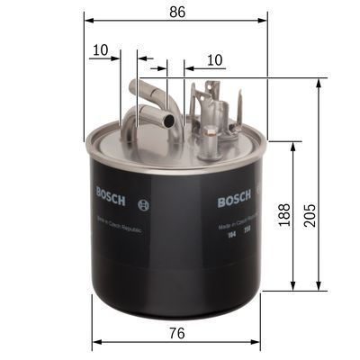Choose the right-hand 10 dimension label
tap(214, 58)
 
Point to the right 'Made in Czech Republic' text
tap(236, 226)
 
